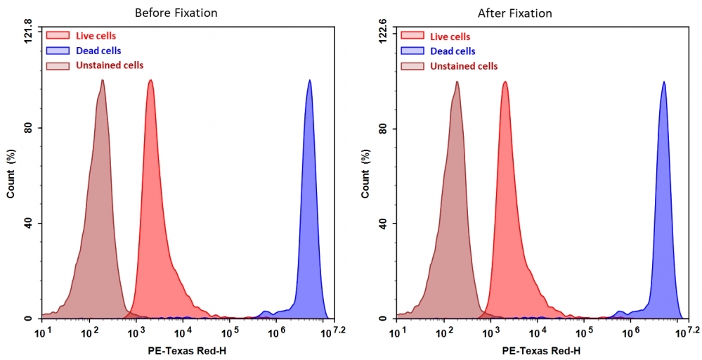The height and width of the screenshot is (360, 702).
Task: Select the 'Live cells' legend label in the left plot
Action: click(96, 36)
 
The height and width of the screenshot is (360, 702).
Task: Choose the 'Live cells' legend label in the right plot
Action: click(450, 37)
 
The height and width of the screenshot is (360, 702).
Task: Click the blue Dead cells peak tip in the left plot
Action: click(309, 80)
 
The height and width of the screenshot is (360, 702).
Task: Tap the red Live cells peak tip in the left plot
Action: click(150, 80)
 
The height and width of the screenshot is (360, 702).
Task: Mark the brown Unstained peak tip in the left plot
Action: click(103, 80)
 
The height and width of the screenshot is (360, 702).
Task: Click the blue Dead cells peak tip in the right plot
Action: click(663, 82)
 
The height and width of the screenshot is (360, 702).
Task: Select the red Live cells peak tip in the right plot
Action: click(505, 82)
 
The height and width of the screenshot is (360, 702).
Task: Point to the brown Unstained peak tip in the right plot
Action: click(457, 82)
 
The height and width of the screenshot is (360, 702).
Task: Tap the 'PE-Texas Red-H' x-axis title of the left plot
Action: click(187, 350)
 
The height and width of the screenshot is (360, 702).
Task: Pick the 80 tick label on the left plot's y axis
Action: click(29, 128)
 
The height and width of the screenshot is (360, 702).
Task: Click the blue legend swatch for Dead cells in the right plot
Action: click(412, 51)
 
